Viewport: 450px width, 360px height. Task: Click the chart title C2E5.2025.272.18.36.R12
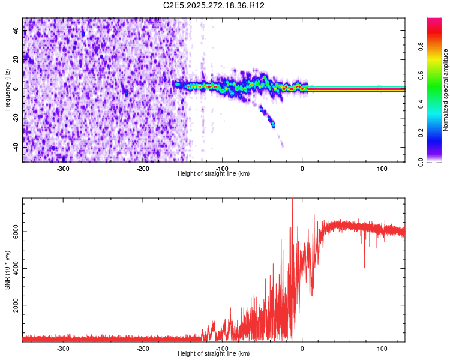click(x=214, y=5)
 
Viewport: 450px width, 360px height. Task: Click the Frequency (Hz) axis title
click(x=8, y=90)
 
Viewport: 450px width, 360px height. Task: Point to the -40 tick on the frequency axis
click(x=16, y=147)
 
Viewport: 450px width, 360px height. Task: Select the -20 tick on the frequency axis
click(x=16, y=118)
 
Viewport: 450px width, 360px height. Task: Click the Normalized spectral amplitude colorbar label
click(x=446, y=90)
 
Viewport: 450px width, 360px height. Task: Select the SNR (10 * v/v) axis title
click(x=8, y=270)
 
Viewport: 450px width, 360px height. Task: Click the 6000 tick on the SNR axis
click(x=16, y=232)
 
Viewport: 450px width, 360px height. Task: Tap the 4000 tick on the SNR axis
click(x=16, y=268)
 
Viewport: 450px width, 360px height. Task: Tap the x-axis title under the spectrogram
click(x=214, y=174)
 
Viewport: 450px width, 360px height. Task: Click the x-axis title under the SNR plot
click(x=214, y=354)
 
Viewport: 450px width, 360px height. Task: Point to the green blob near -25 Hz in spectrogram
click(x=273, y=124)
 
